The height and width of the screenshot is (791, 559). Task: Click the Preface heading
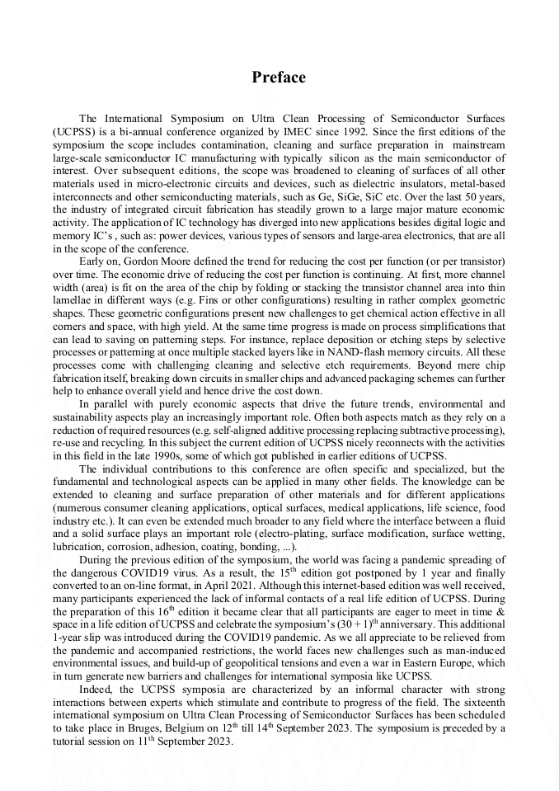pos(279,78)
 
